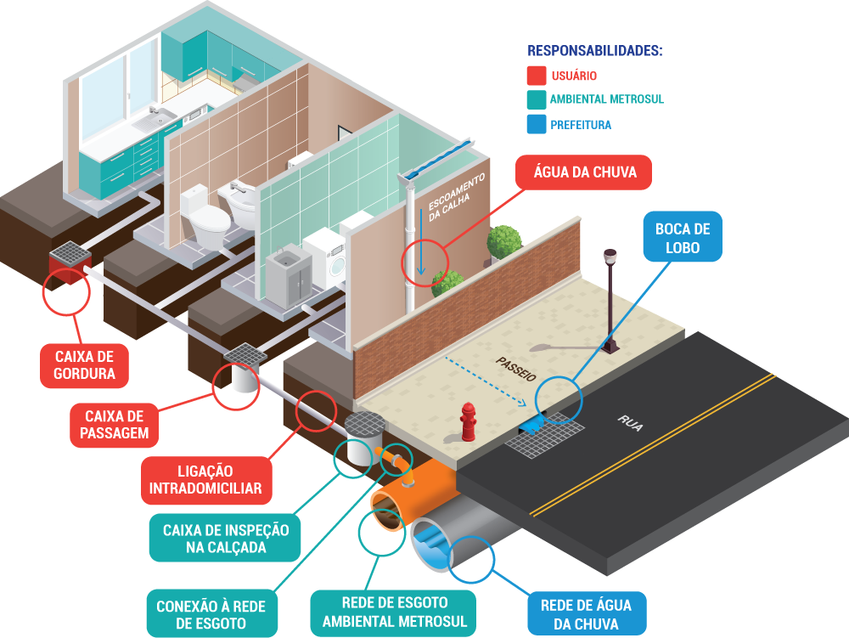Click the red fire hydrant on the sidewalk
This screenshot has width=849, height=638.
pyautogui.click(x=468, y=421)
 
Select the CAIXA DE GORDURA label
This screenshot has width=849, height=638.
pyautogui.click(x=84, y=365)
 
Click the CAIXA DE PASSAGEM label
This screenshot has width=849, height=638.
pyautogui.click(x=115, y=425)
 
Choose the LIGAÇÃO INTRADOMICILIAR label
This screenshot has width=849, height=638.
pyautogui.click(x=205, y=480)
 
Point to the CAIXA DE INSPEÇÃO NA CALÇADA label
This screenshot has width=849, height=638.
pyautogui.click(x=225, y=539)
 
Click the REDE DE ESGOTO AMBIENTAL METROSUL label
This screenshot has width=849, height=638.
pyautogui.click(x=394, y=613)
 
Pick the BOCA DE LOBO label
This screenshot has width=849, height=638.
pyautogui.click(x=683, y=237)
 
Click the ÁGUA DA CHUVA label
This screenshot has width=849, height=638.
pyautogui.click(x=584, y=172)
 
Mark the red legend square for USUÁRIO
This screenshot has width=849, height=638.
pyautogui.click(x=536, y=76)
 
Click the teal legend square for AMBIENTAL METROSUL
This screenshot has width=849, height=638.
pyautogui.click(x=536, y=99)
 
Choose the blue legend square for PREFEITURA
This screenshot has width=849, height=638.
pyautogui.click(x=536, y=124)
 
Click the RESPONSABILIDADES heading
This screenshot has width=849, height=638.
pyautogui.click(x=594, y=51)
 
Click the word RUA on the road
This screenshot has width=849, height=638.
pyautogui.click(x=630, y=423)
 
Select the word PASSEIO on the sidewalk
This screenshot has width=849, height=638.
pyautogui.click(x=516, y=369)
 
